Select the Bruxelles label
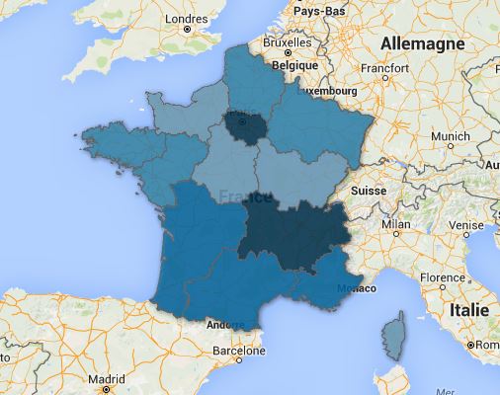pos(287,44)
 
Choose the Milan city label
pos(396,224)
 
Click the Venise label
pos(463,224)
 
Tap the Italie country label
pos(468,309)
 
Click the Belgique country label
pos(295,62)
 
